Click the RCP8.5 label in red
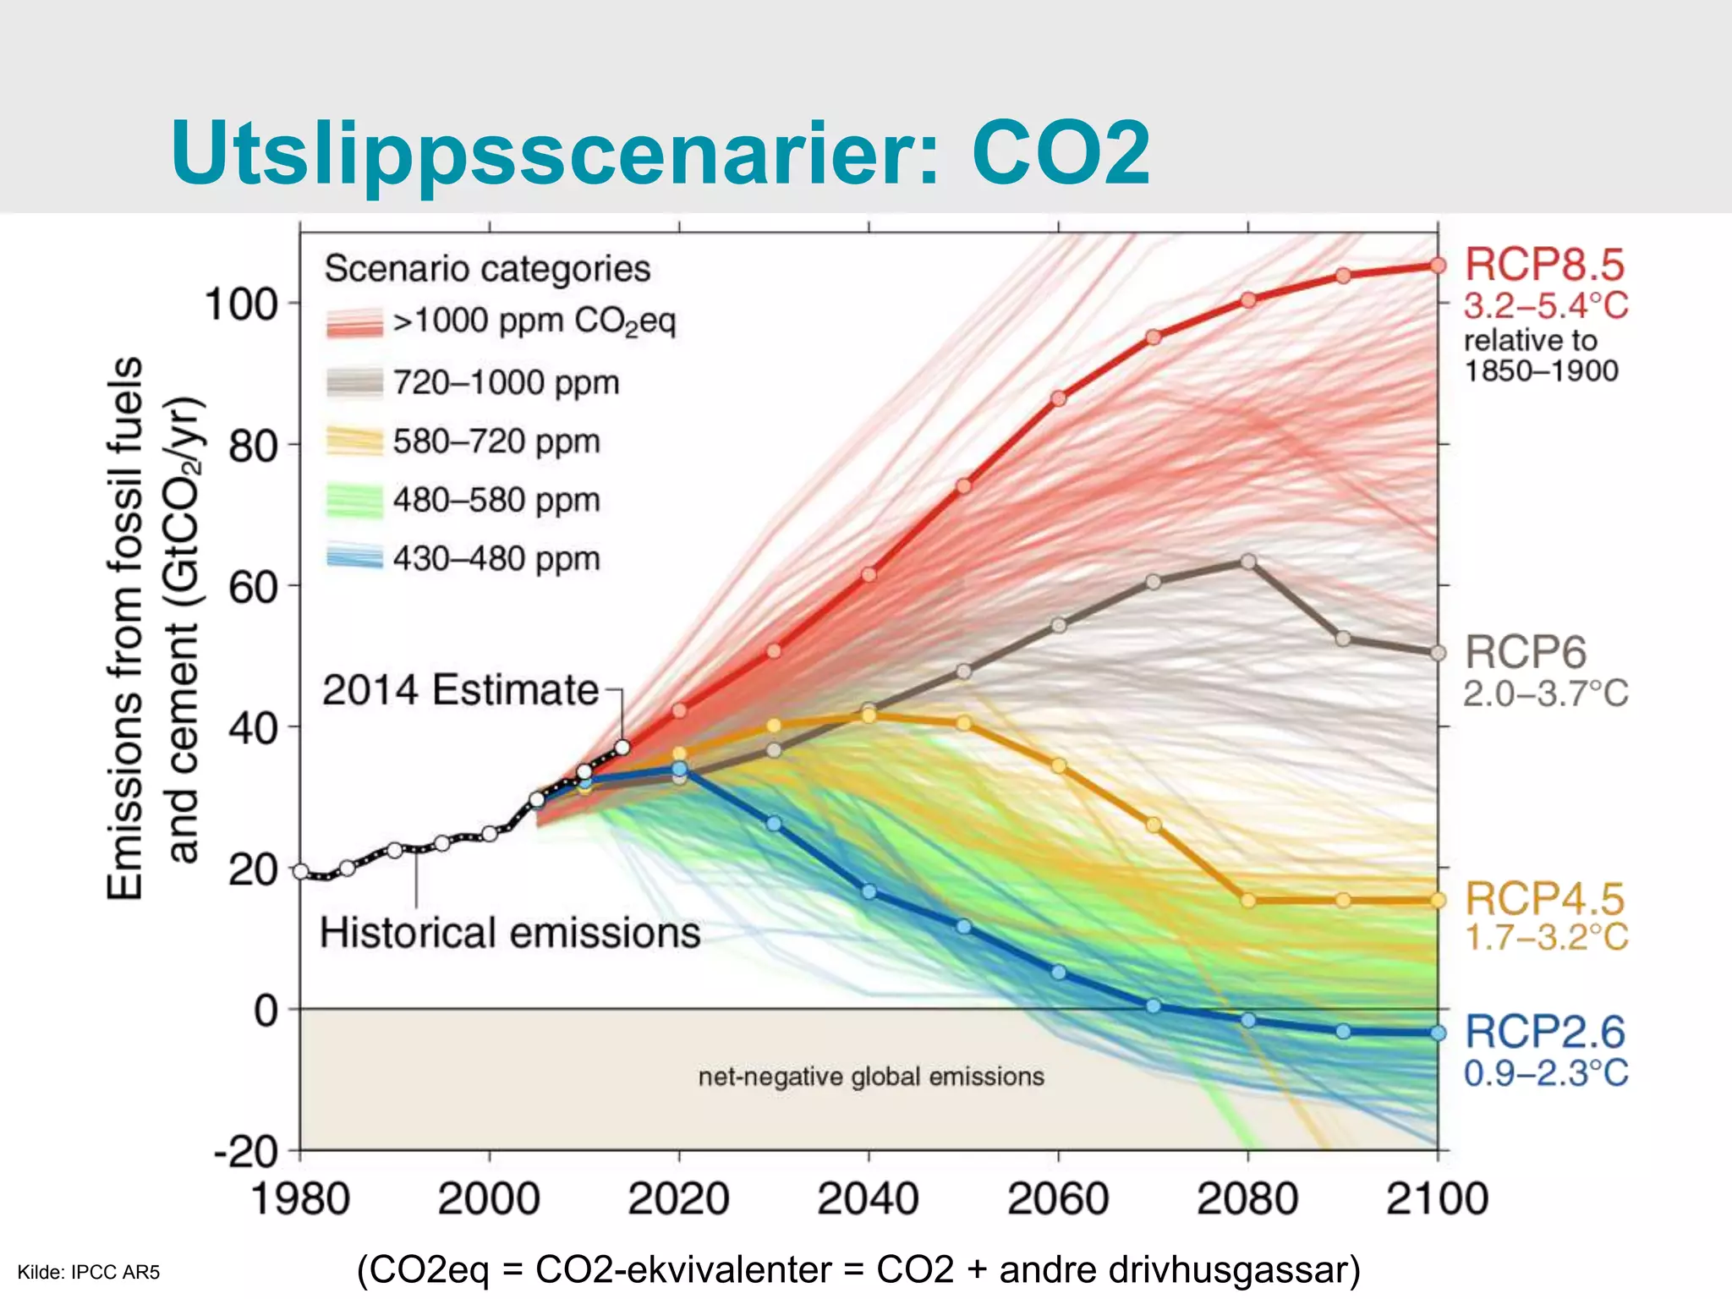[1544, 265]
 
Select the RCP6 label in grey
[1525, 652]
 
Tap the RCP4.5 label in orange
[1544, 899]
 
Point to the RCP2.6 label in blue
[1544, 1032]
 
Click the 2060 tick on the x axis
[1058, 1198]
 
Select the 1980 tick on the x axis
[300, 1198]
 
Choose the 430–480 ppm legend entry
[496, 559]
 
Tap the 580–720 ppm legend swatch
[354, 441]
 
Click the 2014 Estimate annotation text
[460, 689]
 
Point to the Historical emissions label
[510, 933]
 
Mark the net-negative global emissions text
[871, 1077]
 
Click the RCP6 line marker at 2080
[1248, 562]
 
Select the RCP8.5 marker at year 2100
[1438, 266]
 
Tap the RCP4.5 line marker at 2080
[1248, 901]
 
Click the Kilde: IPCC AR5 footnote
[89, 1272]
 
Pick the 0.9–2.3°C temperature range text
[1545, 1073]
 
